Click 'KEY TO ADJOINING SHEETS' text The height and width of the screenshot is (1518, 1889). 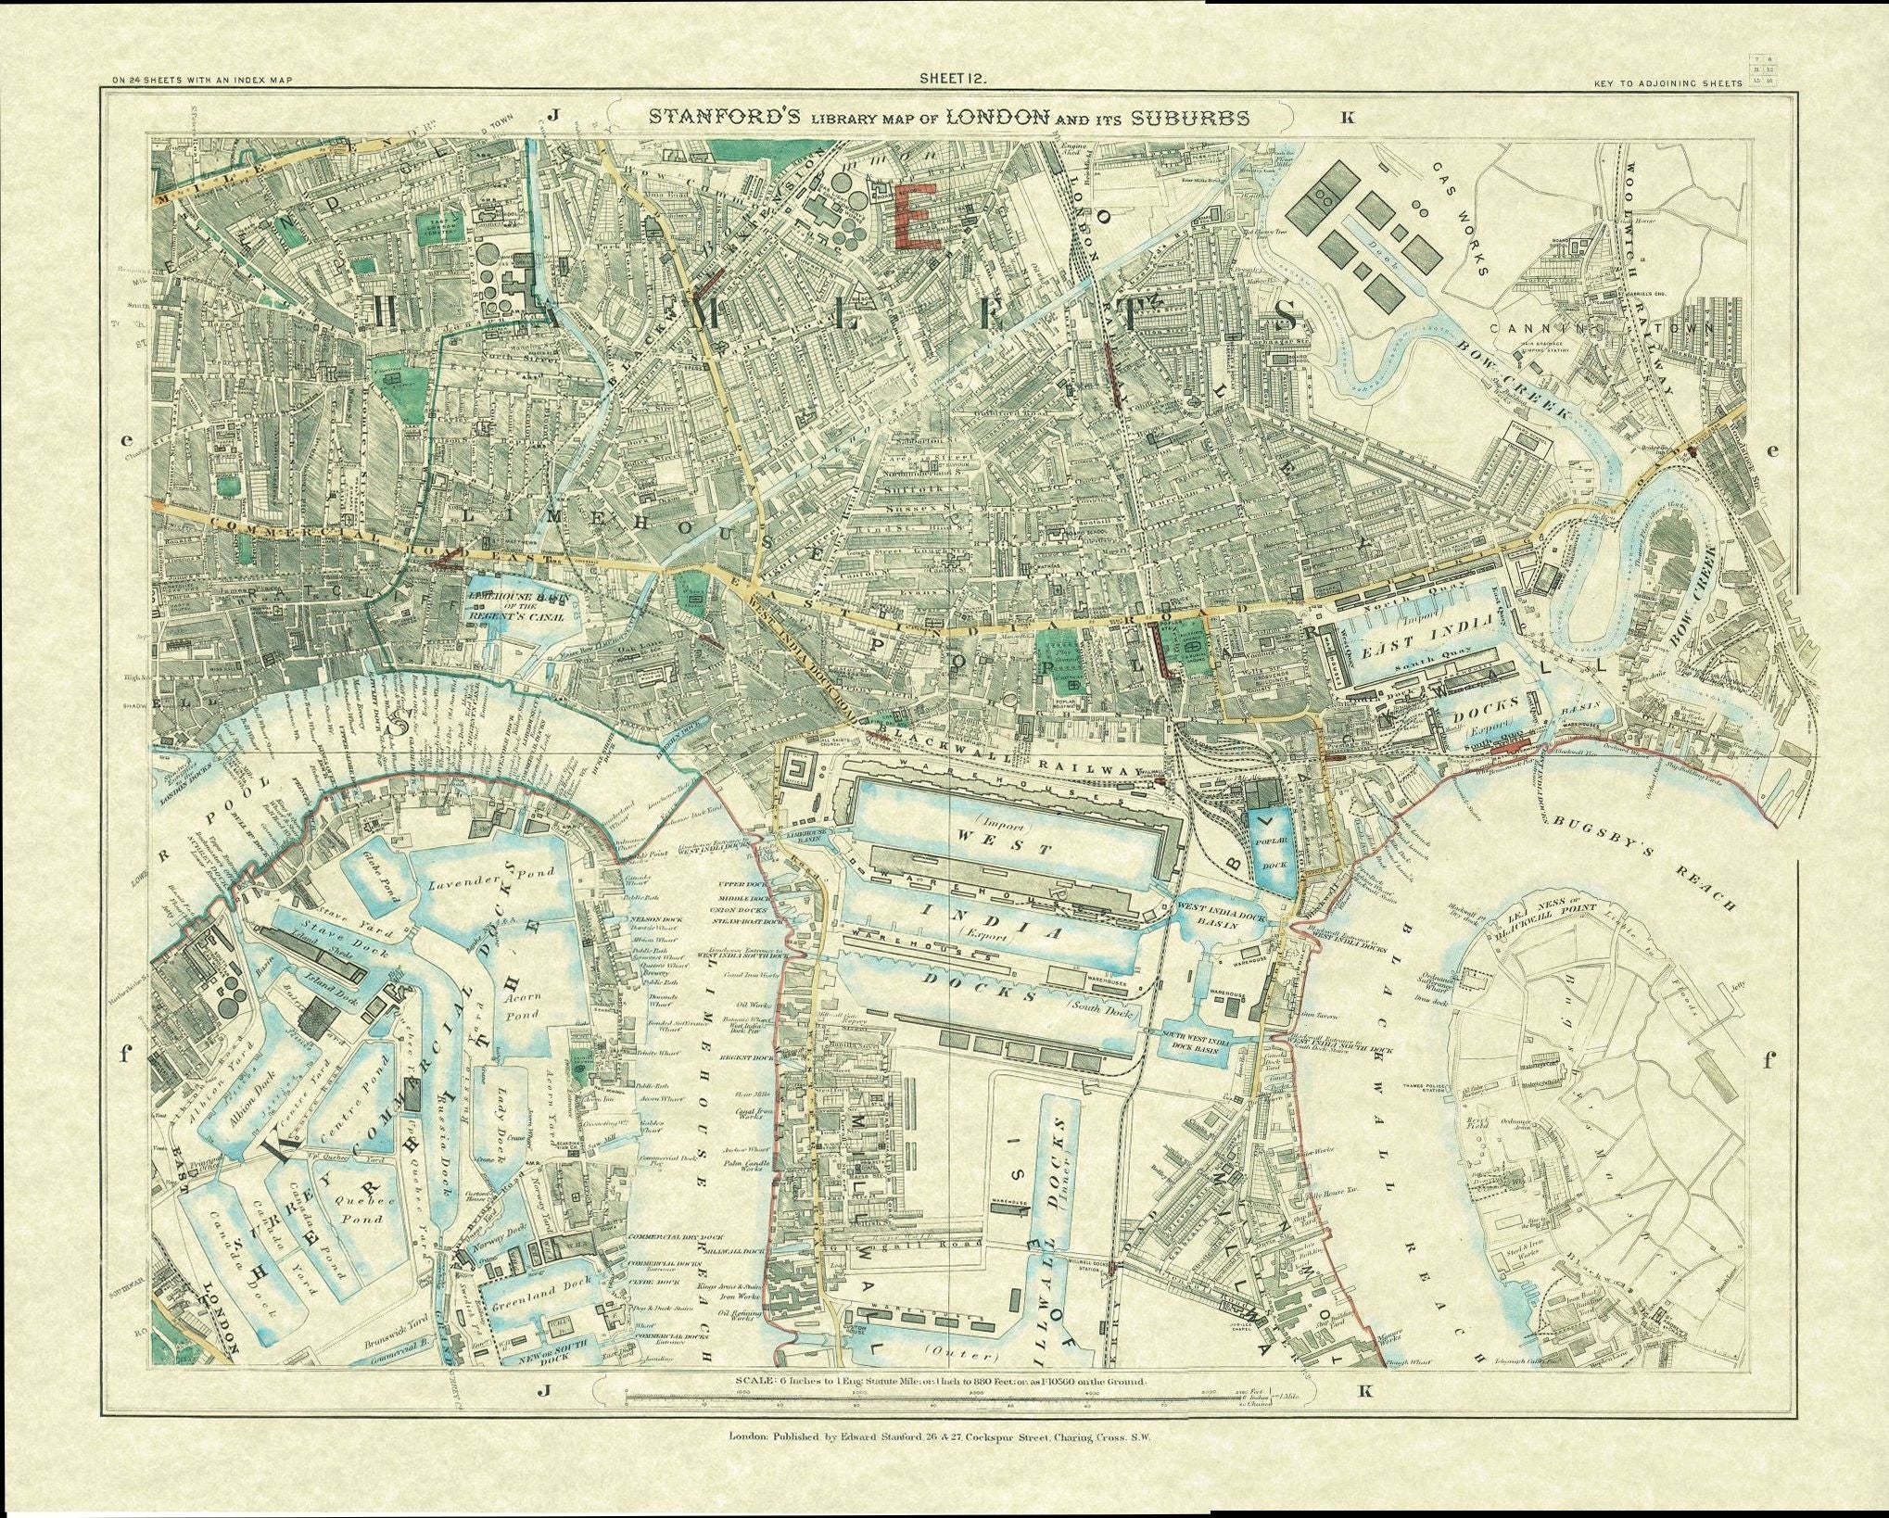(x=1667, y=84)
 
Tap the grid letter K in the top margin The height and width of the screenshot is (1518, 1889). (x=1347, y=118)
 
